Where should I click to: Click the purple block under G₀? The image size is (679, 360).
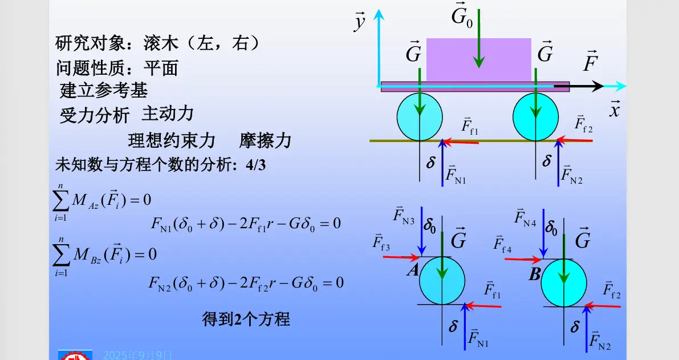click(x=478, y=59)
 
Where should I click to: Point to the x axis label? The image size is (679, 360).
click(x=614, y=110)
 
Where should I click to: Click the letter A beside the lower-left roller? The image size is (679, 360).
click(x=413, y=270)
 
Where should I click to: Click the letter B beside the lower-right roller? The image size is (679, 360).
click(x=534, y=275)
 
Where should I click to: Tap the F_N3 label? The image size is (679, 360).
click(x=404, y=216)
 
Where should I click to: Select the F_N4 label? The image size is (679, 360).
click(x=525, y=217)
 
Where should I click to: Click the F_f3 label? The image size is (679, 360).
click(x=381, y=242)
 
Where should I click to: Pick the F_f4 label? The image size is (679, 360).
click(x=502, y=245)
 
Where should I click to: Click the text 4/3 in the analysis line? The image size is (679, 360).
click(x=255, y=165)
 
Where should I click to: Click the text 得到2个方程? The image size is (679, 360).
click(x=246, y=319)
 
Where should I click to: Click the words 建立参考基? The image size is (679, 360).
click(x=104, y=90)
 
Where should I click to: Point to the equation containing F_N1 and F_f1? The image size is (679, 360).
click(x=245, y=223)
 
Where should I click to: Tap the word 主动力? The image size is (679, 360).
click(x=168, y=114)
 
